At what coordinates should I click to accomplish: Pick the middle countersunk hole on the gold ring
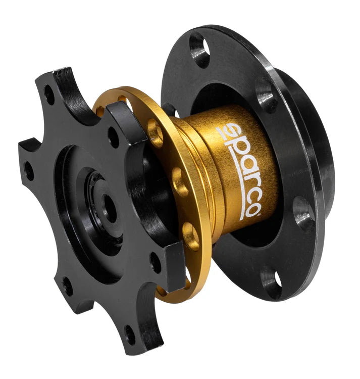(178, 177)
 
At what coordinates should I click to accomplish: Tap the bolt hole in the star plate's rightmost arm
(155, 262)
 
